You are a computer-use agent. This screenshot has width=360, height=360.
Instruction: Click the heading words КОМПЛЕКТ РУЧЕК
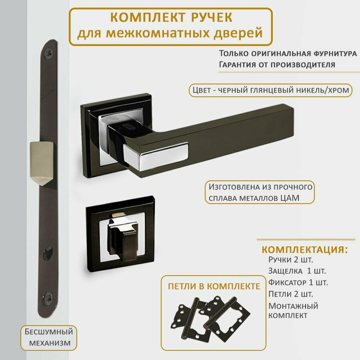tap(171, 18)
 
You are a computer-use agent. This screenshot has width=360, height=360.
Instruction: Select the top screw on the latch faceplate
tap(49, 52)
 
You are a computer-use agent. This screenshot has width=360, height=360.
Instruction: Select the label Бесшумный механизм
tap(49, 337)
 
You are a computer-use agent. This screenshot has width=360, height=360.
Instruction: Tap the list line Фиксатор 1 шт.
tap(298, 282)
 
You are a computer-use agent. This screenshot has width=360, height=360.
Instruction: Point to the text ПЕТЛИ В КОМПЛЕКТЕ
tap(214, 286)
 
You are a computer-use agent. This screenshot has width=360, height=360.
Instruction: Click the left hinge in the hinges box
tap(187, 316)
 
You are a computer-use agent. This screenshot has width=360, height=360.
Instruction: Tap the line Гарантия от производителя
tap(277, 64)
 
